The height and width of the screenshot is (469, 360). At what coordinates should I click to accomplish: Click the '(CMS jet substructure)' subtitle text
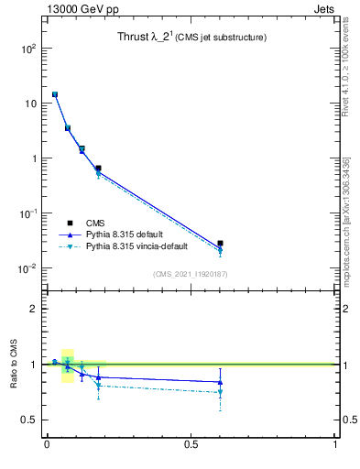(x=222, y=38)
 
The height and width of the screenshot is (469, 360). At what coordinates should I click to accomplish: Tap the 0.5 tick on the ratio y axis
(x=27, y=420)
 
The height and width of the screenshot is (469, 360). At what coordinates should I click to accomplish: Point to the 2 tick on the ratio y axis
(x=32, y=309)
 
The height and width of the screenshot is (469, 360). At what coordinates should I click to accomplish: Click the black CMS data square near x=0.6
(x=220, y=244)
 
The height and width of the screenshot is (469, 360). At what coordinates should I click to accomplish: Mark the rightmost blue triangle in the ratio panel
(x=220, y=382)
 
